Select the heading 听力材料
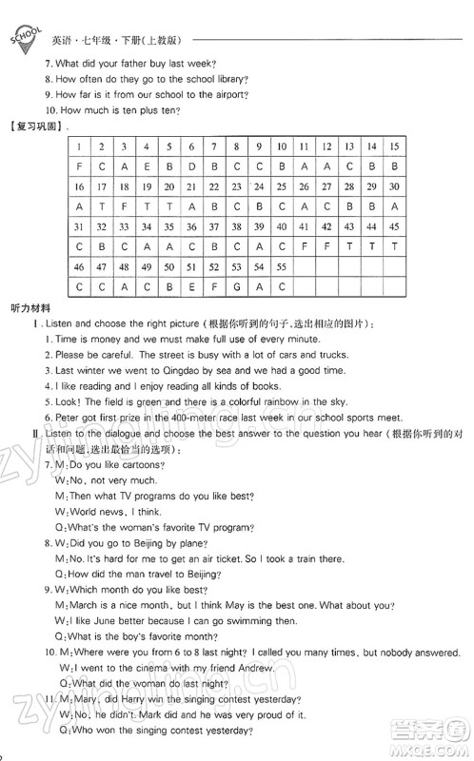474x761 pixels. pyautogui.click(x=30, y=309)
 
